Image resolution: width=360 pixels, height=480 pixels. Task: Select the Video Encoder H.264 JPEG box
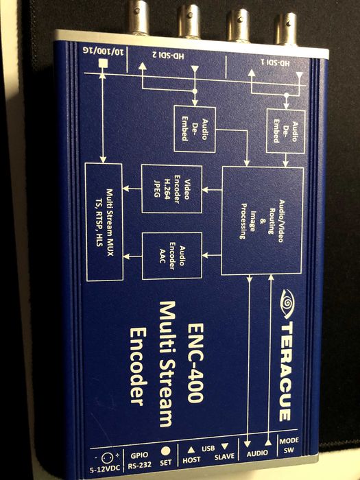pyautogui.click(x=171, y=189)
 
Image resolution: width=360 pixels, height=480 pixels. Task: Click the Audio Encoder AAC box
pyautogui.click(x=172, y=256)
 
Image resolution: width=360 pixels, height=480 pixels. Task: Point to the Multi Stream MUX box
pyautogui.click(x=104, y=222)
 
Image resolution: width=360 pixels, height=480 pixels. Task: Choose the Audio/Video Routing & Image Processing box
pyautogui.click(x=263, y=221)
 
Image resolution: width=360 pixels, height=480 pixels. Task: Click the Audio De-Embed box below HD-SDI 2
pyautogui.click(x=195, y=129)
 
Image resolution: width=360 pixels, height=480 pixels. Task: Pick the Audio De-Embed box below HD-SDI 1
pyautogui.click(x=286, y=132)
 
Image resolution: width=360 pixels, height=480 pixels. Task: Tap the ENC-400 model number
pyautogui.click(x=195, y=363)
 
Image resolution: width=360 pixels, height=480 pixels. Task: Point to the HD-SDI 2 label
pyautogui.click(x=168, y=56)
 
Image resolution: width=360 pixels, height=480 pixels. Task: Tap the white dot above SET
pyautogui.click(x=166, y=451)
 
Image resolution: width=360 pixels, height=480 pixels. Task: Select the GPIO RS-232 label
pyautogui.click(x=140, y=460)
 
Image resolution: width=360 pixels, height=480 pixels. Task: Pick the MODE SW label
pyautogui.click(x=289, y=446)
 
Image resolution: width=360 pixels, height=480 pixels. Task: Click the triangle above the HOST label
pyautogui.click(x=191, y=450)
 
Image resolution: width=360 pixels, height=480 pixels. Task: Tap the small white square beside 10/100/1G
pyautogui.click(x=103, y=64)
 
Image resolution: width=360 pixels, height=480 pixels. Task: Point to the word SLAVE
pyautogui.click(x=224, y=457)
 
